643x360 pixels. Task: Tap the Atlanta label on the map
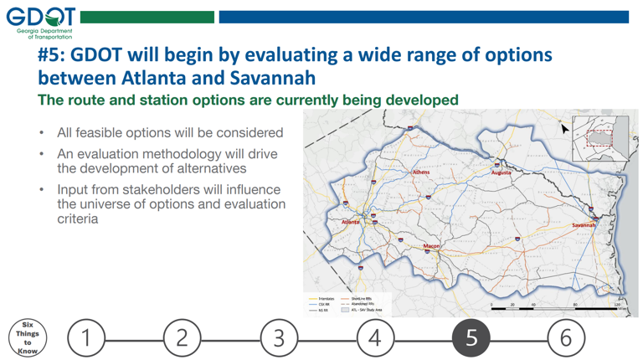[x=350, y=222]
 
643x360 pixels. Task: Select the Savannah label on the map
[x=584, y=225]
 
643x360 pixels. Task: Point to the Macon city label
[x=431, y=246]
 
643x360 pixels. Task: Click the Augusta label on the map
[x=501, y=173]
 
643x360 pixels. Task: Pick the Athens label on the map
[x=420, y=172]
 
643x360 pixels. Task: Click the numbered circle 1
[x=86, y=337]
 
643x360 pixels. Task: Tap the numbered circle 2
[x=183, y=337]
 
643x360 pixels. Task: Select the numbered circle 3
[x=279, y=337]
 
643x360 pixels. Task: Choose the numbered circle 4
[x=375, y=337]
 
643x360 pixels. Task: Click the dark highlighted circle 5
[x=471, y=337]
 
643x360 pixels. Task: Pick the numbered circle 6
[x=566, y=337]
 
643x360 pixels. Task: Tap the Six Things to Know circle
[x=27, y=337]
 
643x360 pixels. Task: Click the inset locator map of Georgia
[x=599, y=138]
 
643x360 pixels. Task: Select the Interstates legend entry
[x=321, y=298]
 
